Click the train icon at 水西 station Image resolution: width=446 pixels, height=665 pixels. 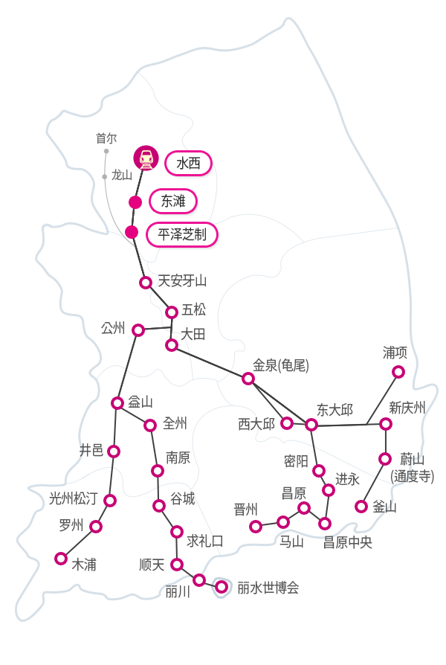pos(146,158)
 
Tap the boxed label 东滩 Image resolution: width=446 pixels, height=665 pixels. pos(172,201)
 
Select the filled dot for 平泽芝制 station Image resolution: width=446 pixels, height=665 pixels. pos(132,232)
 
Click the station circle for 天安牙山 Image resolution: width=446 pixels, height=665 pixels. pos(146,283)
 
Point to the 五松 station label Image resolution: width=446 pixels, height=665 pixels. pos(193,309)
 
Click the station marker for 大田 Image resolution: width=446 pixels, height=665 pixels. pos(172,345)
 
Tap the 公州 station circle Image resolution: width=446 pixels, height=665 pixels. pos(138,330)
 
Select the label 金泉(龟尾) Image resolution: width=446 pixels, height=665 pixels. pos(280,365)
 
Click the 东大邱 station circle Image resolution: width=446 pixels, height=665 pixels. pos(311,425)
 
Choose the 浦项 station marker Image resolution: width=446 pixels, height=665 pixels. pos(398,372)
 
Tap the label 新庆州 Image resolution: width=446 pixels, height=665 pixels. pos(407,408)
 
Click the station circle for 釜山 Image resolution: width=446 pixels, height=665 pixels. pos(361,507)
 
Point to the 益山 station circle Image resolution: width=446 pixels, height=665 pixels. pos(117,403)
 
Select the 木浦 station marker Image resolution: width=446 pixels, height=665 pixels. pos(61,559)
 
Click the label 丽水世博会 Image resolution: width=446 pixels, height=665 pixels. pos(268,588)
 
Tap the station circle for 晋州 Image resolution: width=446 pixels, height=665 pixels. pos(256,527)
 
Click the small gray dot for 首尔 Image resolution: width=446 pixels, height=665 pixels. pos(106,151)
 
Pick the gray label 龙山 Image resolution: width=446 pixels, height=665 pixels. pos(122,176)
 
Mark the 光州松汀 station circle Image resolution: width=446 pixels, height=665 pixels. pos(110,501)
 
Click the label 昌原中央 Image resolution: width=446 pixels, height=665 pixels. pos(347,543)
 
